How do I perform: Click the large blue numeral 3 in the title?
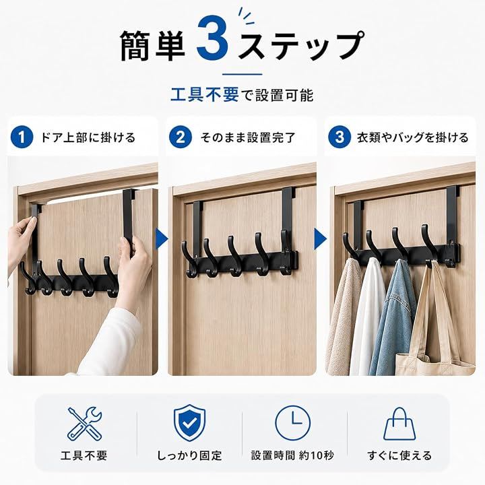pyautogui.click(x=212, y=38)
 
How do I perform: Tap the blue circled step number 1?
pyautogui.click(x=22, y=137)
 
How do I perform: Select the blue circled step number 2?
pyautogui.click(x=181, y=137)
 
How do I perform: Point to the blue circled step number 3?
pyautogui.click(x=339, y=137)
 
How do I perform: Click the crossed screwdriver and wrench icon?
pyautogui.click(x=84, y=424)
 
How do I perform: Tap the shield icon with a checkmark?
pyautogui.click(x=189, y=422)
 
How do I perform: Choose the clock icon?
pyautogui.click(x=292, y=423)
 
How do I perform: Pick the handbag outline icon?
pyautogui.click(x=399, y=424)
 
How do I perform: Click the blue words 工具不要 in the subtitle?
pyautogui.click(x=205, y=95)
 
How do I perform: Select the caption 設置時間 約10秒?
pyautogui.click(x=292, y=455)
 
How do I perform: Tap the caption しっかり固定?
pyautogui.click(x=189, y=455)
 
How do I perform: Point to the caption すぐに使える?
pyautogui.click(x=399, y=455)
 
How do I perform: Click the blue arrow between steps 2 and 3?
pyautogui.click(x=321, y=239)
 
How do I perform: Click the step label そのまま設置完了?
pyautogui.click(x=248, y=137)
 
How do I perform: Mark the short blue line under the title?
pyautogui.click(x=243, y=74)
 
